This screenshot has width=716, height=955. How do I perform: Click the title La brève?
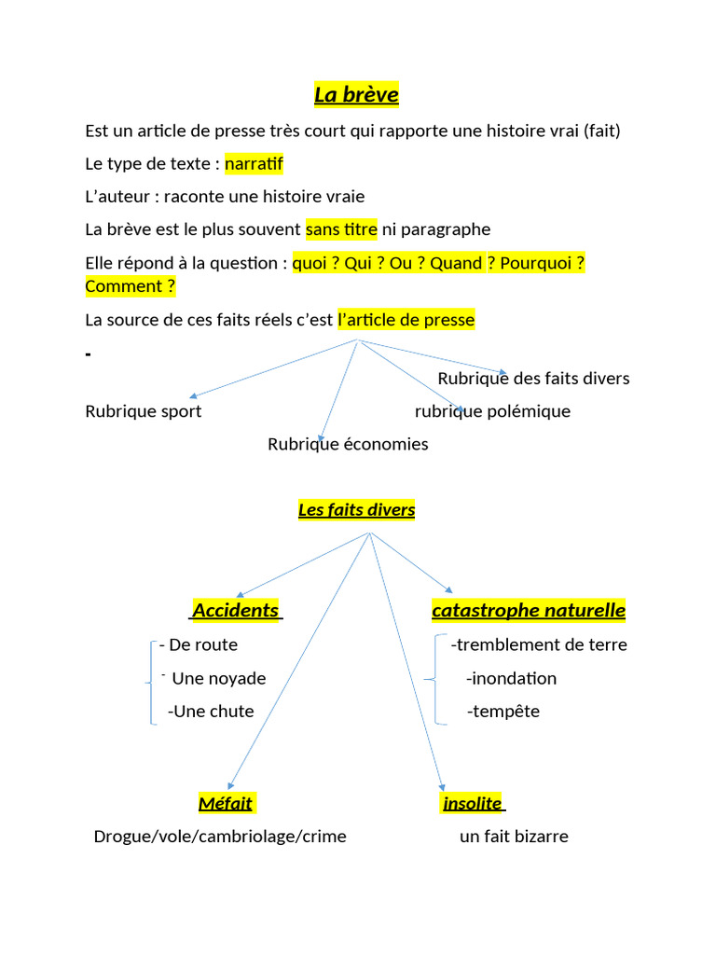pyautogui.click(x=356, y=95)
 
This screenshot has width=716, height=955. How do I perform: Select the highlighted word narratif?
pyautogui.click(x=254, y=164)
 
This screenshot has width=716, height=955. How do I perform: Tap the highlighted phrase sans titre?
pyautogui.click(x=341, y=229)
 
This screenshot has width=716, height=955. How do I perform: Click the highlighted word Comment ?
pyautogui.click(x=130, y=286)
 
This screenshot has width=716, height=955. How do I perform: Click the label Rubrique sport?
pyautogui.click(x=143, y=411)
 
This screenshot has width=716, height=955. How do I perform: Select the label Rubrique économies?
pyautogui.click(x=348, y=444)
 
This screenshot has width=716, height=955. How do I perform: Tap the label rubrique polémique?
pyautogui.click(x=492, y=411)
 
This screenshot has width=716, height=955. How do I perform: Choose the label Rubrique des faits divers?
pyautogui.click(x=533, y=379)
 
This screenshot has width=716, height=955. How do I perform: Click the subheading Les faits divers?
pyautogui.click(x=356, y=510)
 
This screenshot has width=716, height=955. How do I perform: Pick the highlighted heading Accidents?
pyautogui.click(x=236, y=611)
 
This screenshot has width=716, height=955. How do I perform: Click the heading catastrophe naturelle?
pyautogui.click(x=529, y=611)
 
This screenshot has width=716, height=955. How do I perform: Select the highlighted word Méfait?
pyautogui.click(x=226, y=803)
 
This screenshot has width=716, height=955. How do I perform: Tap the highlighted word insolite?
pyautogui.click(x=473, y=803)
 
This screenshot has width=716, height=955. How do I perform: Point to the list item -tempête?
pyautogui.click(x=503, y=712)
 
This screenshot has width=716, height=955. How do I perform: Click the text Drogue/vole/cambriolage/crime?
pyautogui.click(x=220, y=837)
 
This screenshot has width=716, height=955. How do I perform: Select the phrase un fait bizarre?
pyautogui.click(x=514, y=837)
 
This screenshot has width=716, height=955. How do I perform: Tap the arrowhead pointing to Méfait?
pyautogui.click(x=230, y=785)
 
